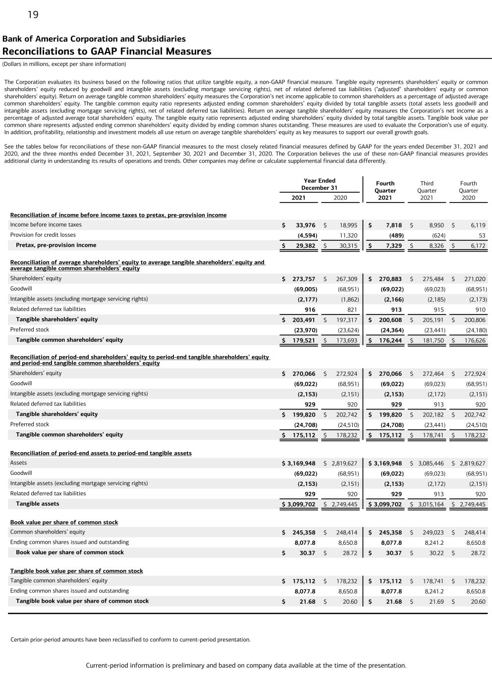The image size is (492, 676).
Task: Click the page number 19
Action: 33,15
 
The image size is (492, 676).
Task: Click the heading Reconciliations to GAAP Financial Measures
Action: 107,52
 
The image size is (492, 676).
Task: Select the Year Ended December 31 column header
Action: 319,184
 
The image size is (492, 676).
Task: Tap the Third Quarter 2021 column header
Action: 427,190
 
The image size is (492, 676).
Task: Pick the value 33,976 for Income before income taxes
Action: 305,225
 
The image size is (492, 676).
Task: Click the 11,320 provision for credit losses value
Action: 348,235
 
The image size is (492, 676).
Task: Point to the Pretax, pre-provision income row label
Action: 56,245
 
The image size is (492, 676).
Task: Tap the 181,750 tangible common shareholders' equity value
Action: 435,340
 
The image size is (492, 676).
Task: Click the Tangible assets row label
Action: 37,504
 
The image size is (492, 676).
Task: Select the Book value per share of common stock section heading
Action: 64,522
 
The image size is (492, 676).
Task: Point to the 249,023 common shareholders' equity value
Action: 435,532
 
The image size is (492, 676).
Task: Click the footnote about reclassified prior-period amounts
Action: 130,639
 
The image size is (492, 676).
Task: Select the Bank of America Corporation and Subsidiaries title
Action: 94,39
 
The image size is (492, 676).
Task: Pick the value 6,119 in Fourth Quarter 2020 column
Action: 478,225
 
